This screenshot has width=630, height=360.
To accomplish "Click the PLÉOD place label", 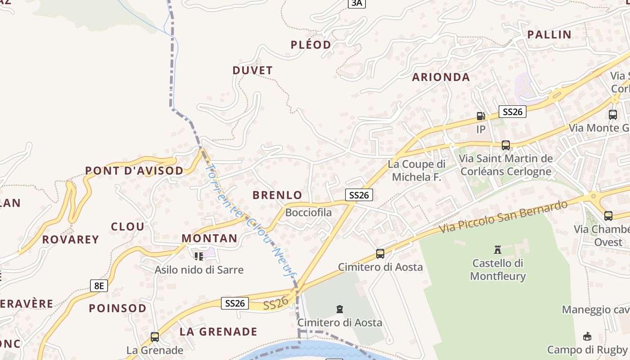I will pos(311,45).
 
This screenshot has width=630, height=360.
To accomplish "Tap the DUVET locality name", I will pos(252,71).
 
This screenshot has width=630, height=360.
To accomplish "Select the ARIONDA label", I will pos(441,77).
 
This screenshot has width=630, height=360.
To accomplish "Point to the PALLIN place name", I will pos(549,35).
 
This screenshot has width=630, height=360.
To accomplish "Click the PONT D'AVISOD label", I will pos(135,171).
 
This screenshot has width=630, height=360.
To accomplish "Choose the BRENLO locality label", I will pos(277,195).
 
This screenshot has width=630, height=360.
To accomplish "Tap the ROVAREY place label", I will pos(71,239).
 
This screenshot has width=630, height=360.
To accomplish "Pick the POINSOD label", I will pos(117,308).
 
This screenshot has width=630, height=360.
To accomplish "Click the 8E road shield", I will pos(99,285).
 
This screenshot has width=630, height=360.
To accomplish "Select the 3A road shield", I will pos(356,3).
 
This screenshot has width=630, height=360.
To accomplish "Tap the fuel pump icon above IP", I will pos(481,116).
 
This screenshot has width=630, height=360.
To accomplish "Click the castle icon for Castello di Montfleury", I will pos(498,249).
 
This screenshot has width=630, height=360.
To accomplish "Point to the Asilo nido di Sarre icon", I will pos(199,256).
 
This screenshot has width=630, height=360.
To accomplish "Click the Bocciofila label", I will pos(309,212).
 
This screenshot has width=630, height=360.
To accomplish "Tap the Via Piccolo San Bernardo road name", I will pos(503,217).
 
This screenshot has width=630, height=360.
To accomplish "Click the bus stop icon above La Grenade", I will pos(155,337).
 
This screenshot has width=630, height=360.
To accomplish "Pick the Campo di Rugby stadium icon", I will pos(587,336).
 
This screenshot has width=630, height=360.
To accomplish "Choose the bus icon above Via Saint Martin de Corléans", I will pos(506,145).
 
